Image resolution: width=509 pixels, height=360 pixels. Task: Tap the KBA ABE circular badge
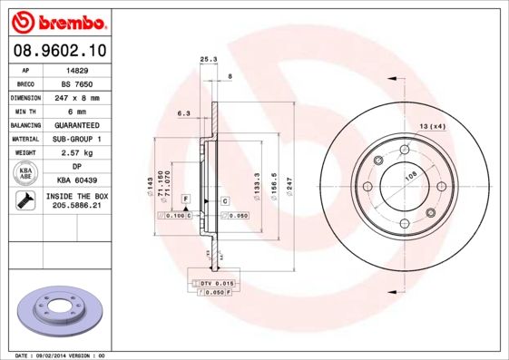pyautogui.click(x=26, y=173)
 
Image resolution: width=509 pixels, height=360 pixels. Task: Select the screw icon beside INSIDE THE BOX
pyautogui.click(x=26, y=200)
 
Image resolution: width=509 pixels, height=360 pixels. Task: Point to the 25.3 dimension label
pyautogui.click(x=207, y=60)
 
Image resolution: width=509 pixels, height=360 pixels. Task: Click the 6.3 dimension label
pyautogui.click(x=182, y=113)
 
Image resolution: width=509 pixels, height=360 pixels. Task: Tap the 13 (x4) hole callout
pyautogui.click(x=432, y=125)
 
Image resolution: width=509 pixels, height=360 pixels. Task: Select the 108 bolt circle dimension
pyautogui.click(x=410, y=176)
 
